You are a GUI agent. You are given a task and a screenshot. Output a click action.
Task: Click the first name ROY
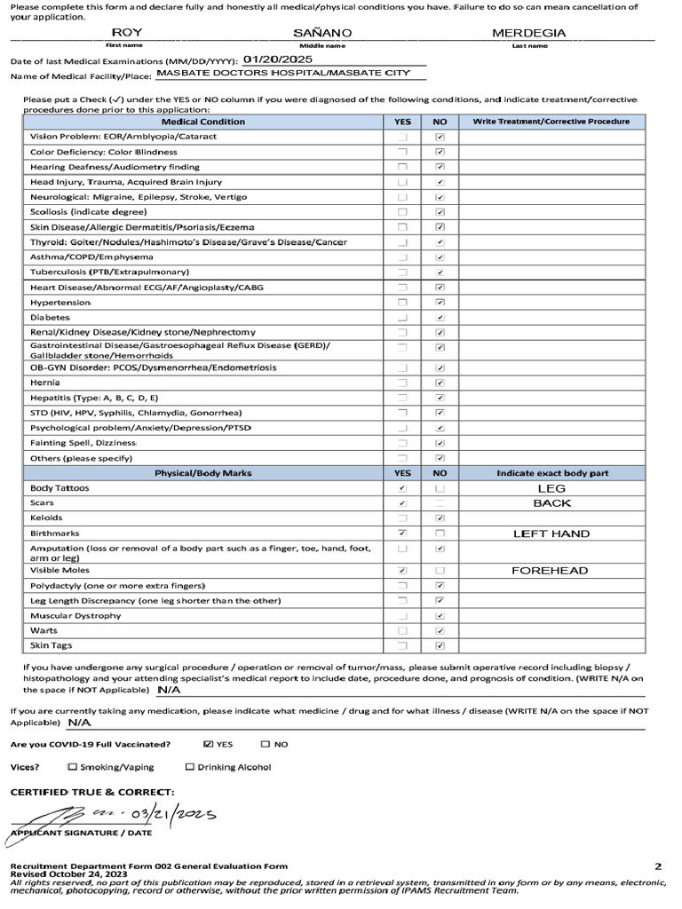[126, 33]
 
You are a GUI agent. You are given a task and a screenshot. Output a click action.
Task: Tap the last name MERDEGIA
[529, 33]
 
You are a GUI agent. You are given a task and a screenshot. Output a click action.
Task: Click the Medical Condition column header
[203, 122]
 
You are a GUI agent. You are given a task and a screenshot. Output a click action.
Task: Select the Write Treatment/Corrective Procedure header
[551, 122]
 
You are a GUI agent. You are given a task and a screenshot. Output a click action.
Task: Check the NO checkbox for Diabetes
[440, 317]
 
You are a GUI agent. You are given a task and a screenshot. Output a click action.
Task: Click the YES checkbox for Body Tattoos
[402, 488]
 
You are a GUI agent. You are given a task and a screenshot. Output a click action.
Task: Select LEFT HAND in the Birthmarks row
[551, 534]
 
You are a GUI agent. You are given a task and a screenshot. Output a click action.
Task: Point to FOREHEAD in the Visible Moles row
[551, 571]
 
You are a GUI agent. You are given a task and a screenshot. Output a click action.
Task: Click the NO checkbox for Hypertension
[440, 302]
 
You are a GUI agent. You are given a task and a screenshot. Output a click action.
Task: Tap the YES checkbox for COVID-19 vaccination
[209, 745]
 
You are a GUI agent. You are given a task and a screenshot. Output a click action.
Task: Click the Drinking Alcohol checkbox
[190, 767]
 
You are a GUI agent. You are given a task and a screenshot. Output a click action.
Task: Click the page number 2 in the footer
[658, 866]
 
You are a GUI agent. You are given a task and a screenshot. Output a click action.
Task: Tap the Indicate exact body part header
[551, 473]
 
